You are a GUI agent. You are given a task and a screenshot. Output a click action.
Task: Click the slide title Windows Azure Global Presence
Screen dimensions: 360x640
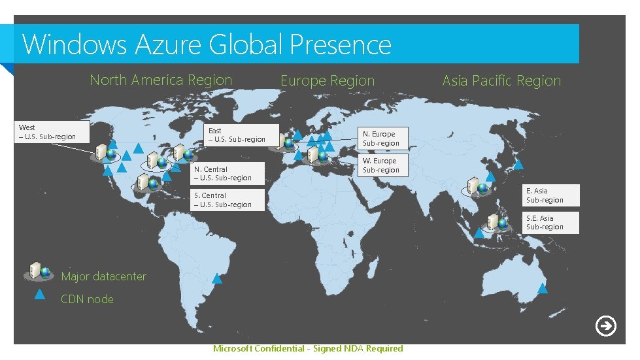tap(207, 44)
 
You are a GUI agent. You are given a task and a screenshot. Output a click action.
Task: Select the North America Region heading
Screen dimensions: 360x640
tap(161, 80)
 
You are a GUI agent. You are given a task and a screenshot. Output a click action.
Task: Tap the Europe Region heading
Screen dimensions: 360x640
tap(328, 81)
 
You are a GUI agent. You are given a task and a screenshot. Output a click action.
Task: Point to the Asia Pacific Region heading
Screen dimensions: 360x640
tap(501, 81)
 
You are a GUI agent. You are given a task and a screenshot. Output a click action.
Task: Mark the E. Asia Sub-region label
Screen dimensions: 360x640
tap(550, 195)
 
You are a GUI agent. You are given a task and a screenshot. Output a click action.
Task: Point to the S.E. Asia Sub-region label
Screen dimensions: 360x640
tap(550, 222)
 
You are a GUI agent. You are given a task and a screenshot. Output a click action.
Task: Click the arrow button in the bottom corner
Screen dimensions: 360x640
tap(606, 325)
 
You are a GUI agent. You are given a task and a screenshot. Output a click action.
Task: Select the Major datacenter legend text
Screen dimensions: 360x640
tap(103, 276)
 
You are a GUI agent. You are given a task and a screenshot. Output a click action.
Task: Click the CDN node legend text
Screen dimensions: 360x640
tap(87, 299)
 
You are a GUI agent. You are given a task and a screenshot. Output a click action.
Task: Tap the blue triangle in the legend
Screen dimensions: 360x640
tap(39, 294)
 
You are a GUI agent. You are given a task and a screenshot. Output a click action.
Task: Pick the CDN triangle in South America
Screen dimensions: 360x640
tap(217, 279)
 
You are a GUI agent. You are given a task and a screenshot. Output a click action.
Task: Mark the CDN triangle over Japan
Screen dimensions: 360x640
tap(518, 165)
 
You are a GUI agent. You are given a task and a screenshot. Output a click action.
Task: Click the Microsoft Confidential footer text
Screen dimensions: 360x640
tap(308, 348)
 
